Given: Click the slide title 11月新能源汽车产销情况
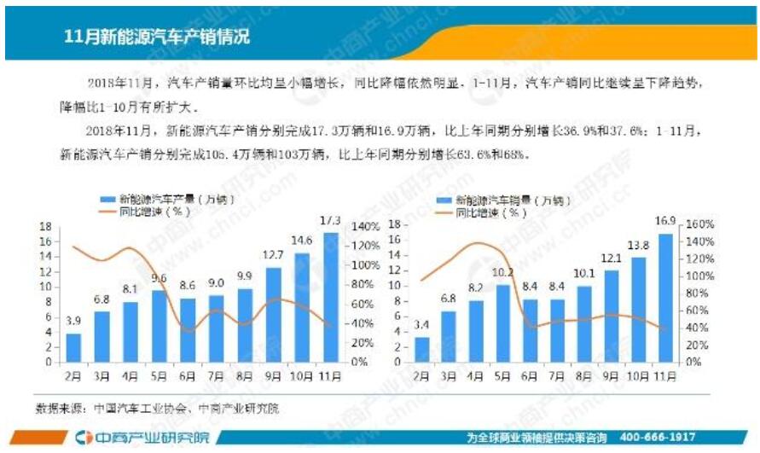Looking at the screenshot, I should pyautogui.click(x=157, y=37).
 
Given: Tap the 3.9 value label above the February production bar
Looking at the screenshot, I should pyautogui.click(x=74, y=319).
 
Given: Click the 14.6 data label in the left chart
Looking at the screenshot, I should pyautogui.click(x=302, y=240).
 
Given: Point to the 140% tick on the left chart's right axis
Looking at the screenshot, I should pyautogui.click(x=363, y=227).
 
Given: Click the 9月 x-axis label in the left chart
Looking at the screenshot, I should pyautogui.click(x=273, y=375).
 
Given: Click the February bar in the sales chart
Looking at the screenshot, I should pyautogui.click(x=422, y=349).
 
